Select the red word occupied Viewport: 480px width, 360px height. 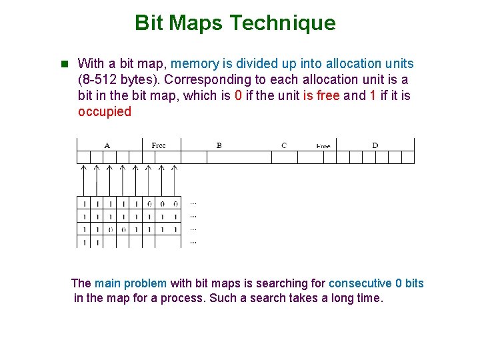[x=105, y=112]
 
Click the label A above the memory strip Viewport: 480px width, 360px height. [x=107, y=145]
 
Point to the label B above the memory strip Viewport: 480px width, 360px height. [x=219, y=145]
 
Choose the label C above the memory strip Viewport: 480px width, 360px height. [x=284, y=145]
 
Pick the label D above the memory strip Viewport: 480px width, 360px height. [x=375, y=145]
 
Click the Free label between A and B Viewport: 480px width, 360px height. [x=159, y=145]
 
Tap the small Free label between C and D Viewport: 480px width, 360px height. [x=323, y=145]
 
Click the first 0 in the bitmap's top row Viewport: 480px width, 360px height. [x=149, y=203]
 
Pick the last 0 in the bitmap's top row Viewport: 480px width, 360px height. [x=175, y=203]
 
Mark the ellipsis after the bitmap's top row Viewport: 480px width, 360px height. [x=193, y=203]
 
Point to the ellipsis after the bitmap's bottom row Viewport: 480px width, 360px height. [x=193, y=243]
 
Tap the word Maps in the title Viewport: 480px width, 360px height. [x=199, y=23]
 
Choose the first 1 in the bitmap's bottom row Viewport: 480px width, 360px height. [x=84, y=243]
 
